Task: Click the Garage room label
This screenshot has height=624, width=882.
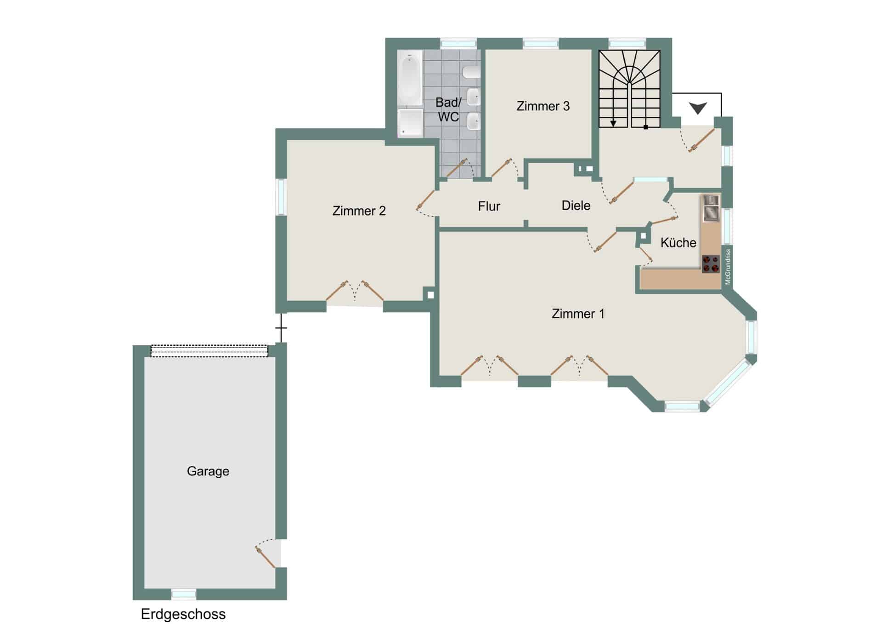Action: click(208, 471)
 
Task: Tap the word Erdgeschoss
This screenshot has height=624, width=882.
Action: click(183, 614)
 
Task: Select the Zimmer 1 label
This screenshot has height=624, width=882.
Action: click(578, 314)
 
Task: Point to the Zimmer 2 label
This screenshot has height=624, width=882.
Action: click(359, 211)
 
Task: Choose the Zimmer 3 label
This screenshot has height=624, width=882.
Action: click(543, 106)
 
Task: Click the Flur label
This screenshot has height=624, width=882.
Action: click(489, 206)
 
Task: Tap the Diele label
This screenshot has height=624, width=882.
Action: click(576, 205)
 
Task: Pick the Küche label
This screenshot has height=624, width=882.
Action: click(678, 242)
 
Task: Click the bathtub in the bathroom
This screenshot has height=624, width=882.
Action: click(410, 78)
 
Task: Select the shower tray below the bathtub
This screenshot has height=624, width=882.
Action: click(410, 122)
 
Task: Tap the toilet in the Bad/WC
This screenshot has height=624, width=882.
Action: click(471, 72)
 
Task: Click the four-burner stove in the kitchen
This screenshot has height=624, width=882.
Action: click(711, 264)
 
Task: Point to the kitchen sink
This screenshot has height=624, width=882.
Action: click(711, 208)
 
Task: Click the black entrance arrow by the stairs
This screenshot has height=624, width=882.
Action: click(698, 109)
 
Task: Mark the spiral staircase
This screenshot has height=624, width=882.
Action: click(629, 89)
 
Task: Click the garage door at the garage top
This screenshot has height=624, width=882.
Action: click(209, 351)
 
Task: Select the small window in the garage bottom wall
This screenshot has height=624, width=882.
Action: click(184, 594)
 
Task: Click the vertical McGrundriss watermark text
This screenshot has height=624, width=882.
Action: click(728, 267)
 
